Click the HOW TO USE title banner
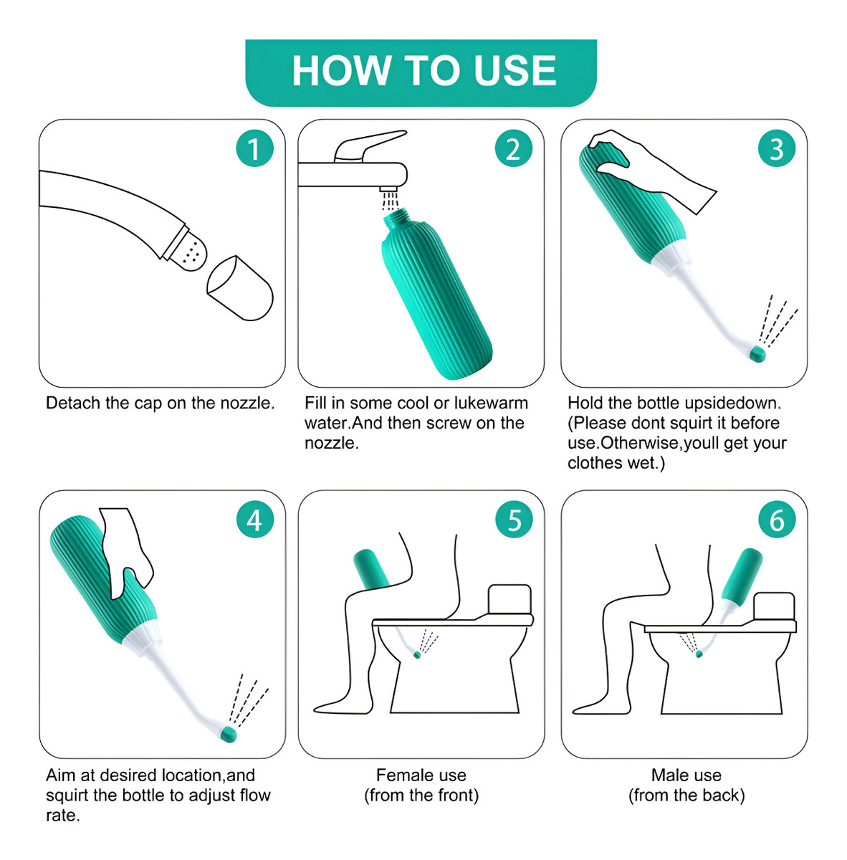point(421,73)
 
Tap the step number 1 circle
point(254,148)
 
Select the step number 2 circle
point(513,148)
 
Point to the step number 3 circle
point(777,148)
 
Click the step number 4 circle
point(254,519)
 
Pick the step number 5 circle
point(514,519)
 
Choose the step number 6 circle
point(777,519)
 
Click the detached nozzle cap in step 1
point(240,288)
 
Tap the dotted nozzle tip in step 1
point(191,252)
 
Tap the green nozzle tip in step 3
point(757,354)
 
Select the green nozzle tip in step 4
point(229,734)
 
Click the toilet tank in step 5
point(509,599)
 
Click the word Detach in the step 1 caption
point(73,403)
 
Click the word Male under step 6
point(666,775)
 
